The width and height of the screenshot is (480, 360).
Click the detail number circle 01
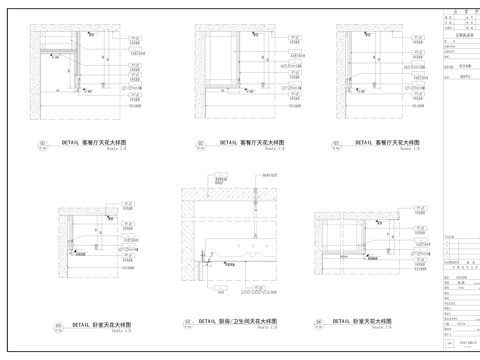pyautogui.click(x=43, y=144)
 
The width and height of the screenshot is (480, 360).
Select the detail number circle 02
pyautogui.click(x=200, y=144)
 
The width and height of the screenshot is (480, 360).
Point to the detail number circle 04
pyautogui.click(x=59, y=325)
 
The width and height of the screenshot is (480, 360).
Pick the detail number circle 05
pyautogui.click(x=187, y=322)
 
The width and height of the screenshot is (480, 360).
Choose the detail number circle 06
pyautogui.click(x=318, y=322)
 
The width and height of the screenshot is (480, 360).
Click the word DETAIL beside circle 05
pyautogui.click(x=208, y=321)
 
